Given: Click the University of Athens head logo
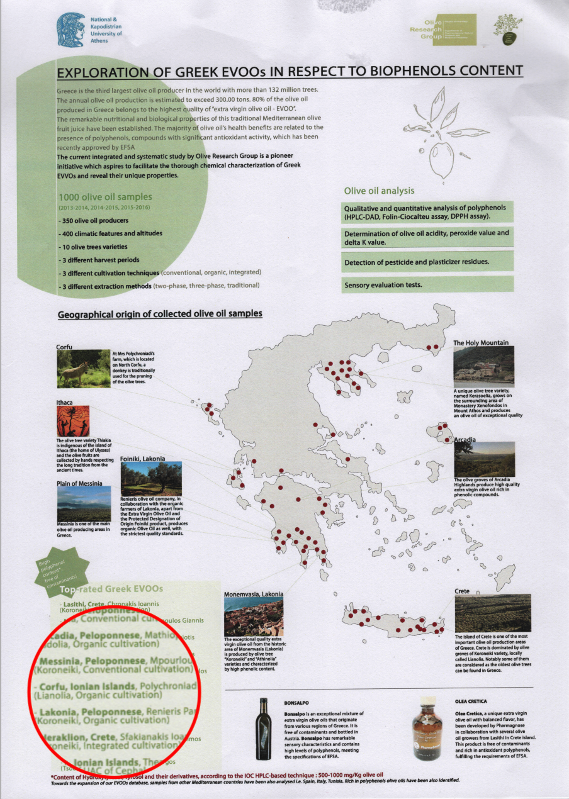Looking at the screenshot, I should (x=70, y=29).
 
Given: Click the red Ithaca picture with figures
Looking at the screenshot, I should (x=72, y=422).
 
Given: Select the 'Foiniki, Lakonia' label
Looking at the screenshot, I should (x=142, y=459).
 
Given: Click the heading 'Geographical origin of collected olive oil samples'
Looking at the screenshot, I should (x=160, y=314).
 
